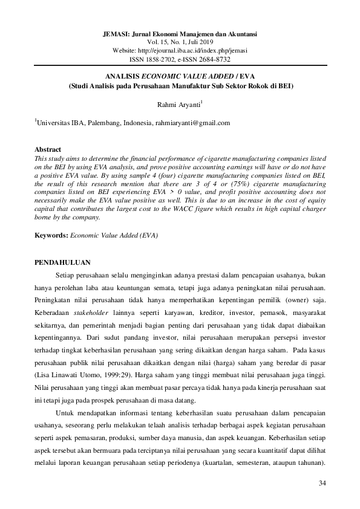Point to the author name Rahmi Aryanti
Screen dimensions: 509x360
178,105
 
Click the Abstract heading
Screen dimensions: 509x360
48,149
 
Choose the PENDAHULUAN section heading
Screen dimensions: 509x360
62,262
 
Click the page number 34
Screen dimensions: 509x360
321,484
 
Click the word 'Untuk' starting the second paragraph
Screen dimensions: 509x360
64,413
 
